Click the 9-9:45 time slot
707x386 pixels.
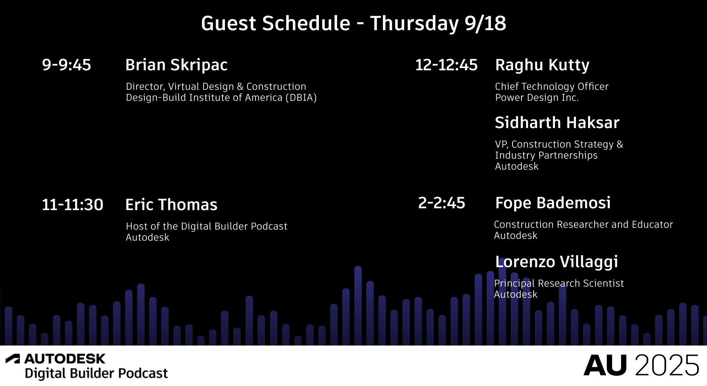[x=66, y=65]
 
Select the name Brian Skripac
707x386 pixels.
[x=176, y=65]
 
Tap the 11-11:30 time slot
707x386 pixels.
[x=73, y=205]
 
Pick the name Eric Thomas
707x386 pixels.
[x=171, y=205]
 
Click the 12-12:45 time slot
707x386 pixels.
[x=446, y=65]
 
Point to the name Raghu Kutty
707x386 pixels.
[x=542, y=65]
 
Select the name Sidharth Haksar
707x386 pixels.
[x=557, y=123]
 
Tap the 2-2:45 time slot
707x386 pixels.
[x=442, y=203]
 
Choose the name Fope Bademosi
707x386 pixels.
[x=553, y=203]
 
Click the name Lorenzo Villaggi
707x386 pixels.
[x=556, y=262]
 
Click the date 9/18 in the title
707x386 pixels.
[x=485, y=24]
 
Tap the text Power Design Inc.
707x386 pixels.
[x=537, y=98]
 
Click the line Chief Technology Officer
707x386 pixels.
[x=552, y=86]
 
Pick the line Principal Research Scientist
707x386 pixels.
[x=559, y=283]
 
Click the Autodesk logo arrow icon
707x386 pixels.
[x=13, y=358]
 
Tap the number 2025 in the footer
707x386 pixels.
[x=667, y=365]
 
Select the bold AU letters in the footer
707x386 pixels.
[x=605, y=365]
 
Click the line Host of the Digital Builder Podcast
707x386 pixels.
[x=207, y=226]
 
